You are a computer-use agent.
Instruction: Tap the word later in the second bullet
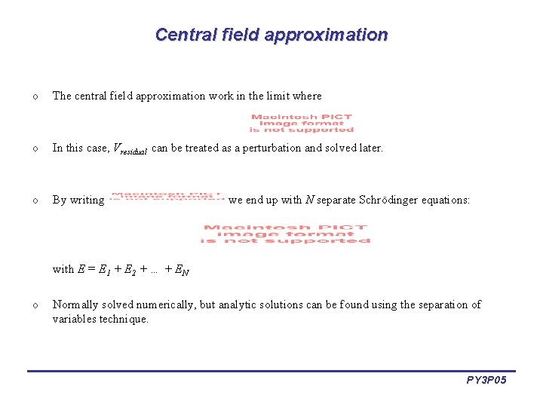pyautogui.click(x=369, y=148)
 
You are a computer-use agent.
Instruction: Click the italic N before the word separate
pyautogui.click(x=308, y=200)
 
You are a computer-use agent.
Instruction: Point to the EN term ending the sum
pyautogui.click(x=181, y=269)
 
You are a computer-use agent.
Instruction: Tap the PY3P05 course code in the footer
pyautogui.click(x=486, y=381)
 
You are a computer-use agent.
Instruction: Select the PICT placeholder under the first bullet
pyautogui.click(x=301, y=123)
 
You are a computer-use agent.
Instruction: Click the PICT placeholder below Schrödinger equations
pyautogui.click(x=286, y=234)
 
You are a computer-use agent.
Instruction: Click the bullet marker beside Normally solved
pyautogui.click(x=35, y=305)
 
